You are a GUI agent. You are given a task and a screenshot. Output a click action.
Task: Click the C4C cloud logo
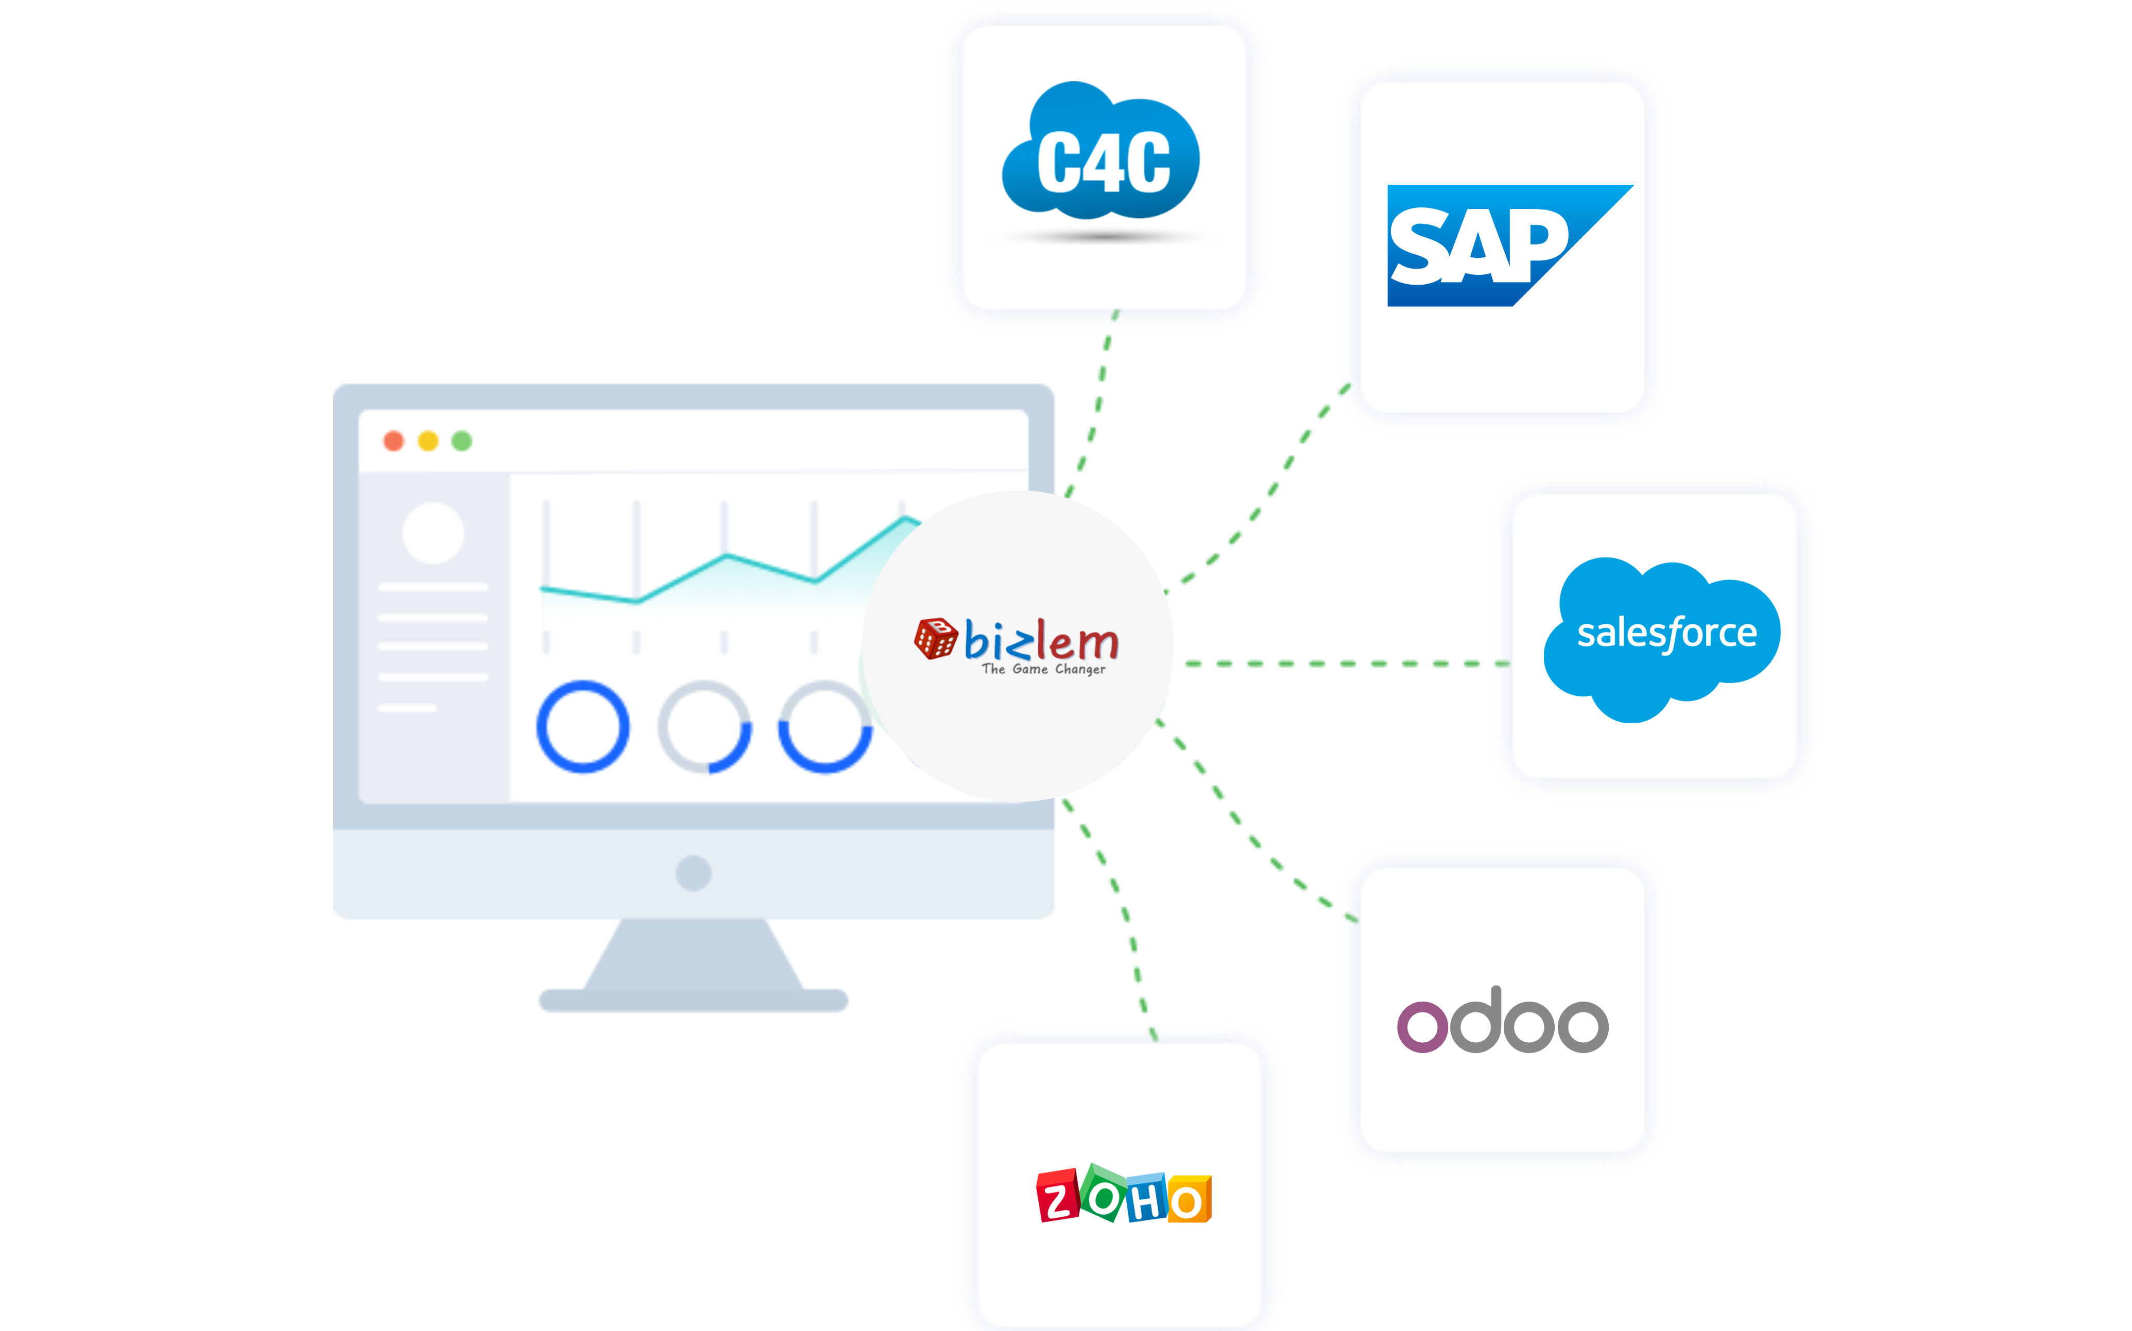(x=1101, y=154)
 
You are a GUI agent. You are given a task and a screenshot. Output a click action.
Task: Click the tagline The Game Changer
(x=1043, y=670)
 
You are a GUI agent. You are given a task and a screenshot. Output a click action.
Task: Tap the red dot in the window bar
(x=393, y=441)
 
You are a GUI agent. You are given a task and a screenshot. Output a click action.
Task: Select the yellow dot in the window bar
(x=428, y=441)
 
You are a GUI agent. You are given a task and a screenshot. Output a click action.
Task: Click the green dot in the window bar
(x=461, y=441)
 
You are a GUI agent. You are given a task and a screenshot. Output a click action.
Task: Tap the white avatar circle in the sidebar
(x=433, y=533)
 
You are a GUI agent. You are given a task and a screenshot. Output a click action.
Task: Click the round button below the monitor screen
(x=693, y=873)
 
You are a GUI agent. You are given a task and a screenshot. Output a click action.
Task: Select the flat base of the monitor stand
(x=693, y=1001)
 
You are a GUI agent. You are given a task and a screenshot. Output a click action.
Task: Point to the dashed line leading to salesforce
(x=1338, y=663)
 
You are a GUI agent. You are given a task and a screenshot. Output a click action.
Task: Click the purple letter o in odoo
(x=1422, y=1026)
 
